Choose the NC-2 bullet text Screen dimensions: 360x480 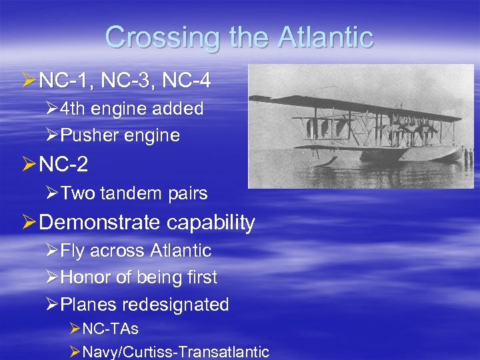click(x=64, y=163)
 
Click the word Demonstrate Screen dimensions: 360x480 click(x=93, y=223)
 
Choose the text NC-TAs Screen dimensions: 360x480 click(x=111, y=329)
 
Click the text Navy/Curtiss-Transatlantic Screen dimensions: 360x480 click(x=175, y=351)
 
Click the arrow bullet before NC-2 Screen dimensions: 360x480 click(x=29, y=163)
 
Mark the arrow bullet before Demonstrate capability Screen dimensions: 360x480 click(x=29, y=222)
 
